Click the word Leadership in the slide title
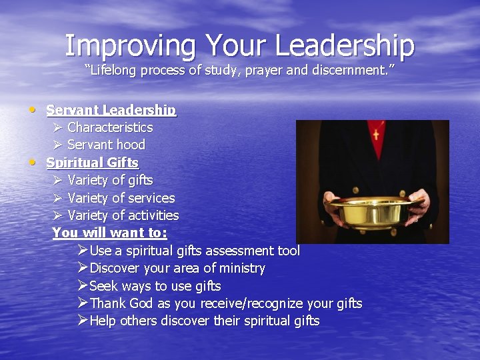click(345, 45)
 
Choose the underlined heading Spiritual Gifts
click(92, 163)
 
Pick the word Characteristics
click(110, 127)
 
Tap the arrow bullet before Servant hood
click(58, 145)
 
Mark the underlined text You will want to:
click(109, 233)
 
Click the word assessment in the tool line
click(239, 251)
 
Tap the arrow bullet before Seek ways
click(82, 286)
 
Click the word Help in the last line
click(103, 321)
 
